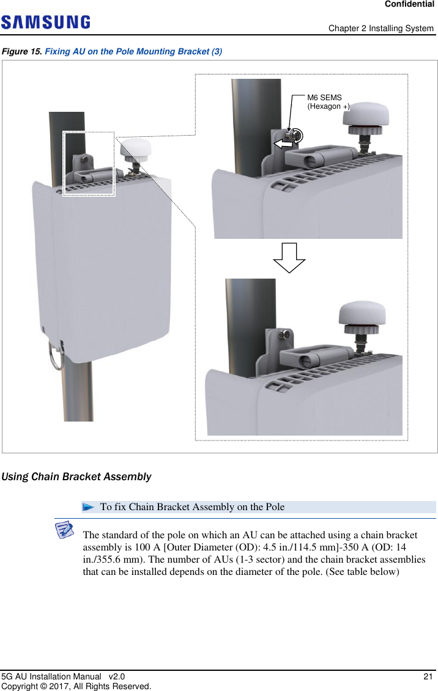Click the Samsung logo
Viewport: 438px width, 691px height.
point(46,23)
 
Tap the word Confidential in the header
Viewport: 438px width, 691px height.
point(409,4)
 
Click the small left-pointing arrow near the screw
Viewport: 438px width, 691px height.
point(282,144)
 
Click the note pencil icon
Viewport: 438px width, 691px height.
point(64,530)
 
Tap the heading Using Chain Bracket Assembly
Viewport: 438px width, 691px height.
point(77,477)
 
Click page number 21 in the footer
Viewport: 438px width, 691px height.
point(428,676)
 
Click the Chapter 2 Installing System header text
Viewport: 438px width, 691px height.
point(380,29)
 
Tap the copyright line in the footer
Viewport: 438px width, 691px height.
point(76,686)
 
